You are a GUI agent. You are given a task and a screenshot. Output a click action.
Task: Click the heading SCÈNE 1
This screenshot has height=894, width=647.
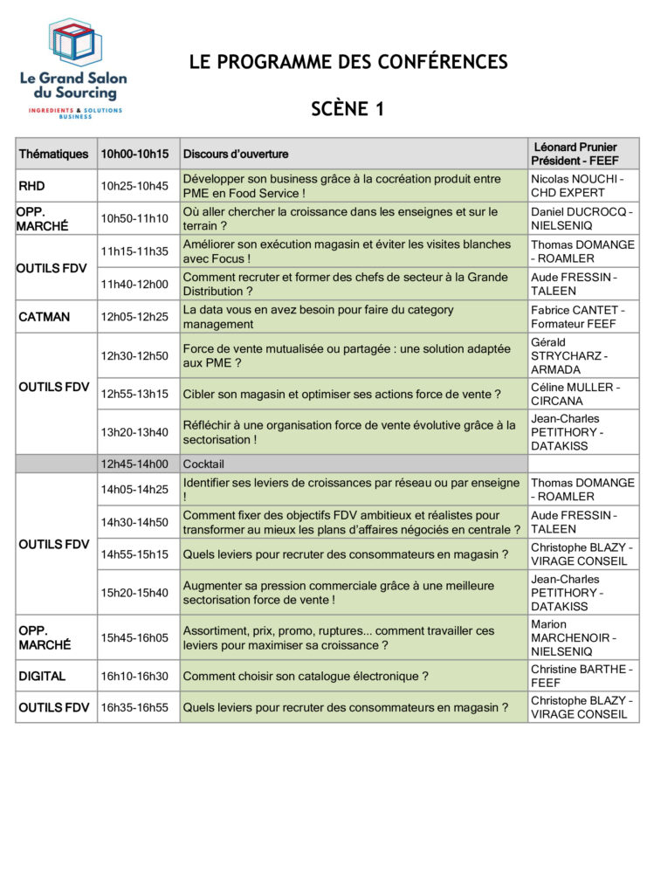(x=348, y=108)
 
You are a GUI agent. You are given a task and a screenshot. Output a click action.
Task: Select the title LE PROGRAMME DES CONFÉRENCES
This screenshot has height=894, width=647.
(x=348, y=62)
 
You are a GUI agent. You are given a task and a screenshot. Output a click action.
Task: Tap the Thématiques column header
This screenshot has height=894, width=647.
(x=54, y=154)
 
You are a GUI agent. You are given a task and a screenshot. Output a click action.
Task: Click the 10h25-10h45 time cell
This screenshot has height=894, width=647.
(x=134, y=186)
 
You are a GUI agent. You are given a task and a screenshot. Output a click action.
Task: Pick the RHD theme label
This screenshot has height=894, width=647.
(x=31, y=186)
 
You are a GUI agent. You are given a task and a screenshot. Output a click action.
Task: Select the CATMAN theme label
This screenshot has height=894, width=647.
(x=44, y=317)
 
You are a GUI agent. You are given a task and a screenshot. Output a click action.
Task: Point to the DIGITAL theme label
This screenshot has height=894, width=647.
(x=42, y=676)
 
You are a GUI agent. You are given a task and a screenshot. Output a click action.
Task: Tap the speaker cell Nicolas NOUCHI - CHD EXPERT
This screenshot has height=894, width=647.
(x=582, y=186)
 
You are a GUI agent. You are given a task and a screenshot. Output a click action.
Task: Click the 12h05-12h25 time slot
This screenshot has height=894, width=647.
(x=134, y=317)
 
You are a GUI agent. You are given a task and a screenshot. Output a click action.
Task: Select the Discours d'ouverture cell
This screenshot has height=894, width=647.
(x=236, y=154)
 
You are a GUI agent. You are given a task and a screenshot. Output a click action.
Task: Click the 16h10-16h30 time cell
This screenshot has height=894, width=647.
(x=134, y=676)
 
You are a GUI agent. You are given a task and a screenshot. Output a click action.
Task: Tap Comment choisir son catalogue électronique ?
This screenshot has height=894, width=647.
(x=306, y=676)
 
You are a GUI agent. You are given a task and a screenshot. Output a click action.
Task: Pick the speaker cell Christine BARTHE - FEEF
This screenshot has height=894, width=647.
(x=582, y=676)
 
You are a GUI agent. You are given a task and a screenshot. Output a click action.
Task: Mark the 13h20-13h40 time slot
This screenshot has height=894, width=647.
(x=134, y=432)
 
